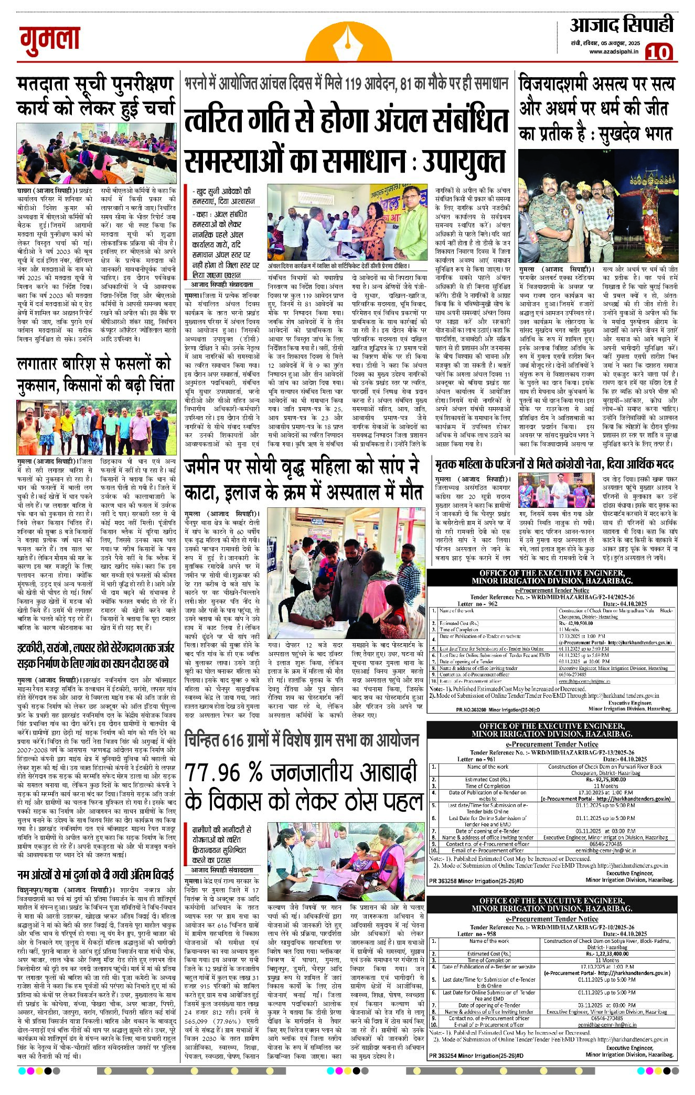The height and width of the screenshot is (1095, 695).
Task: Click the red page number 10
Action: pos(659,52)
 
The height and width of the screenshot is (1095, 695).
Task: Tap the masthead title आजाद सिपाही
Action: pos(621,25)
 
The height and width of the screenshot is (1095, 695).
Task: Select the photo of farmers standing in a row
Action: pos(96,427)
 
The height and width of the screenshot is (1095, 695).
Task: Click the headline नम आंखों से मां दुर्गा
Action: pos(95,875)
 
